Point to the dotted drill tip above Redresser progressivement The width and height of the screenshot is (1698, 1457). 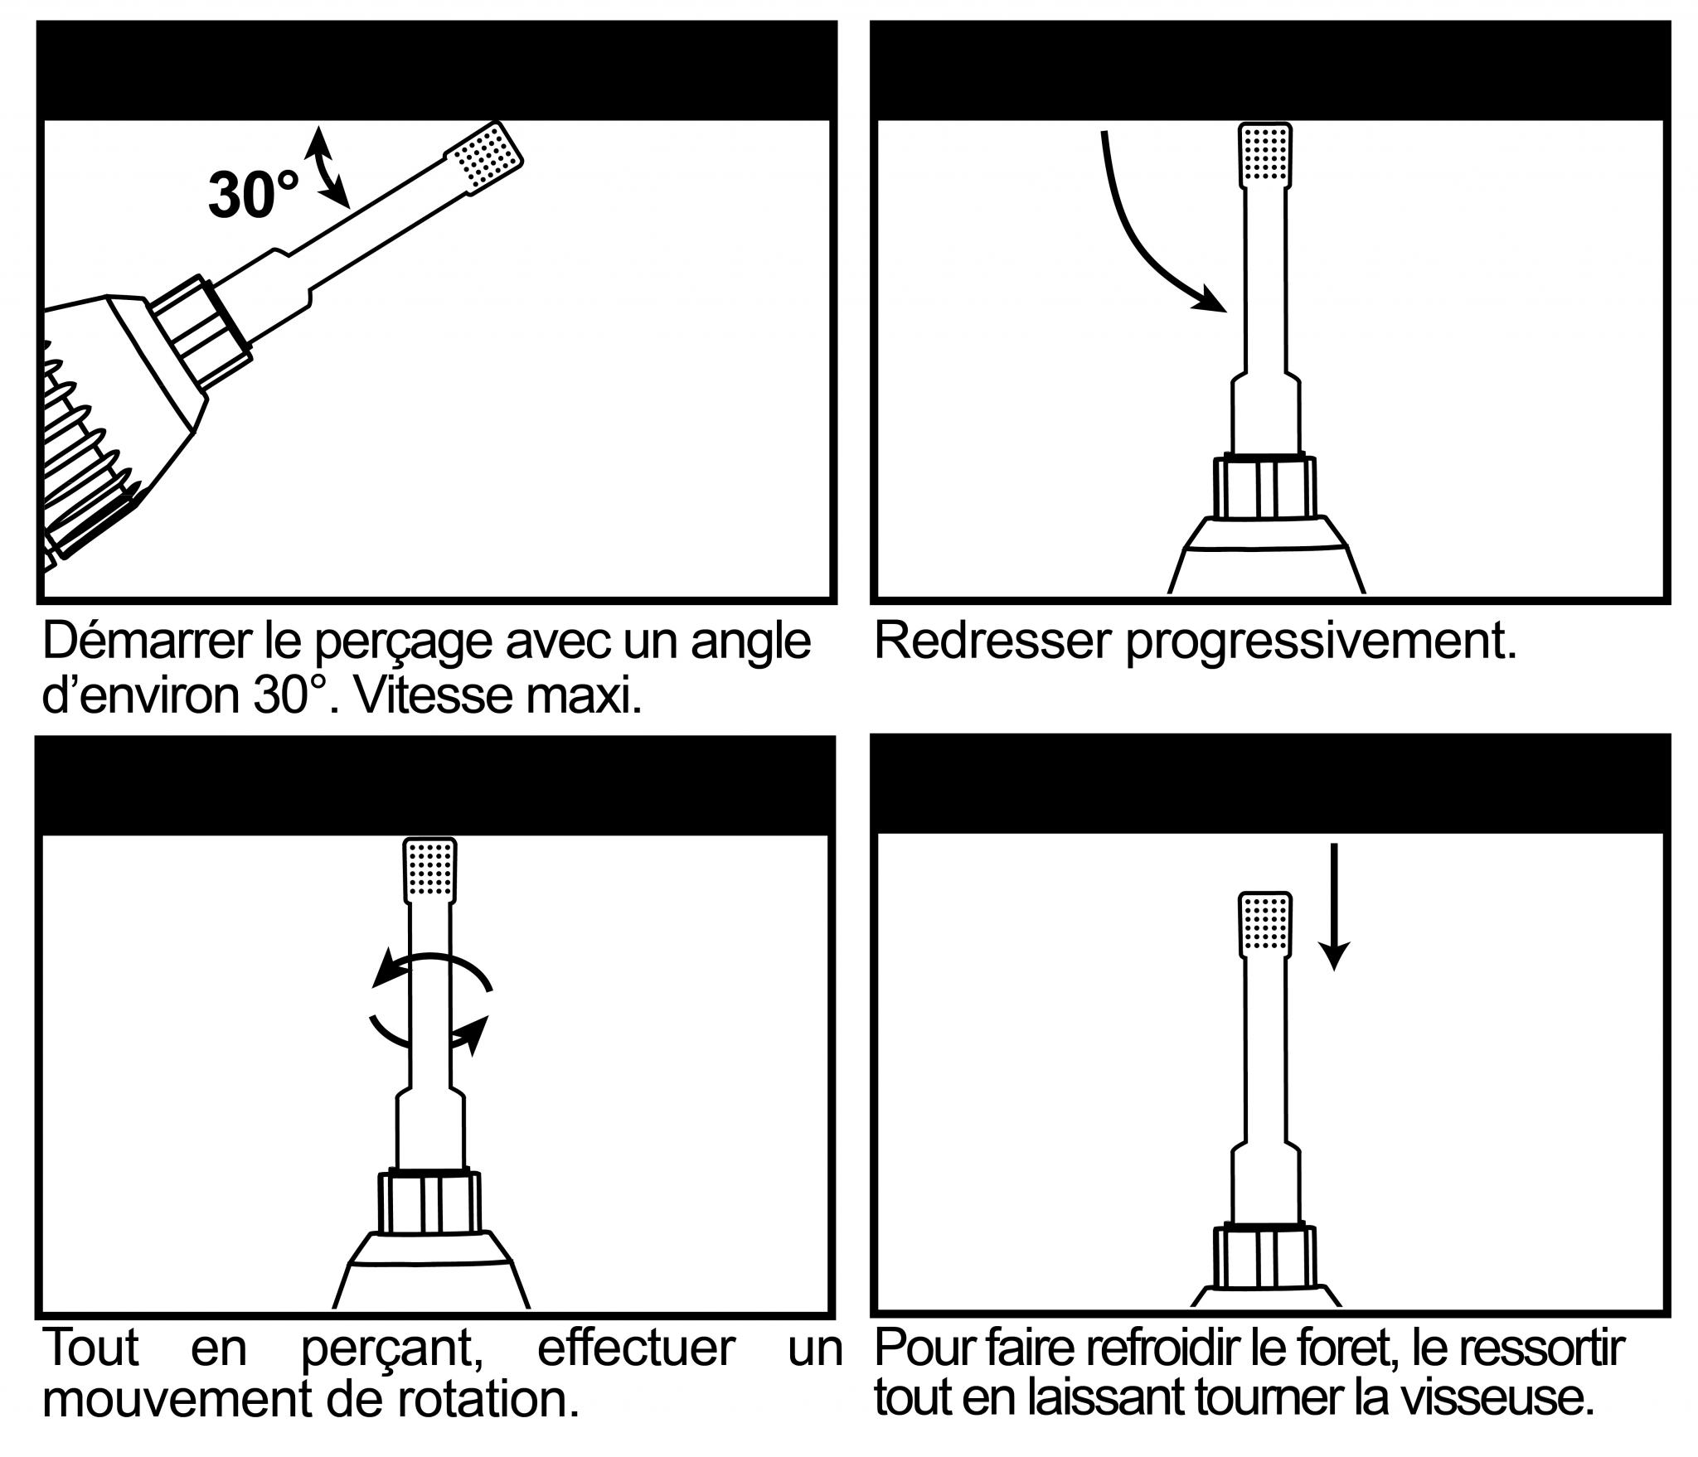click(1265, 155)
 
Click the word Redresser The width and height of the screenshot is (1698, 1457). click(992, 641)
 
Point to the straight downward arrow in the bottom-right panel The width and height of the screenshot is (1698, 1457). click(1333, 907)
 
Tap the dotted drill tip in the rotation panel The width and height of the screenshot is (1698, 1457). click(429, 870)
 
